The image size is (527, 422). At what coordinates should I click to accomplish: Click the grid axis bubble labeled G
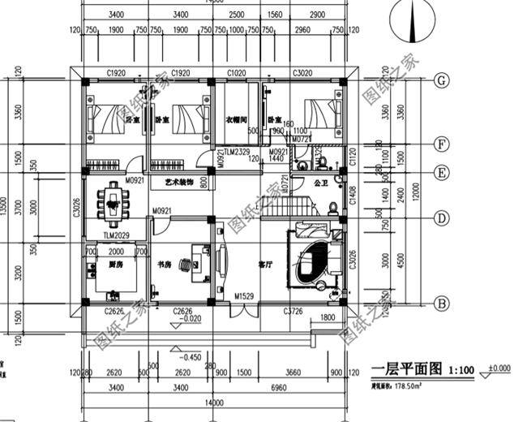(443, 80)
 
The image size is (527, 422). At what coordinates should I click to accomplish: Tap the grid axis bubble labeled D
(443, 217)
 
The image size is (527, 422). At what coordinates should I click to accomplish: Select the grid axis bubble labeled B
(443, 303)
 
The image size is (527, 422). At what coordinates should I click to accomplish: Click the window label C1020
(236, 73)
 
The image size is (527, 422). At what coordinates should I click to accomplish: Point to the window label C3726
(293, 311)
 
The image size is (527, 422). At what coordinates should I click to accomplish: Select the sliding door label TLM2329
(238, 152)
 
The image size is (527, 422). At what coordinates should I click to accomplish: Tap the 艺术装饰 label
(178, 183)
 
